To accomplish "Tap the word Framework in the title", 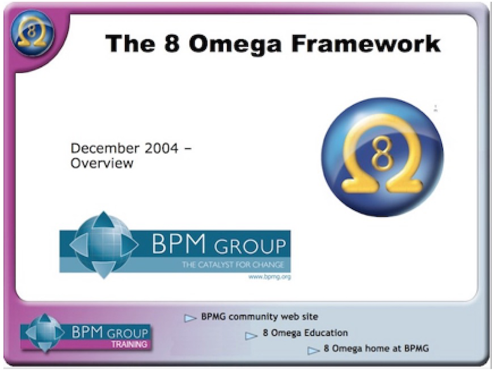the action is click(366, 43).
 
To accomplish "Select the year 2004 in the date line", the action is click(161, 148).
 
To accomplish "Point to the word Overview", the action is click(102, 163).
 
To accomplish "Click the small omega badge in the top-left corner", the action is click(32, 33).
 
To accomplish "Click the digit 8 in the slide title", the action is click(172, 44).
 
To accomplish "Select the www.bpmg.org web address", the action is click(269, 277).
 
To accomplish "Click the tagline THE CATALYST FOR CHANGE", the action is click(233, 265).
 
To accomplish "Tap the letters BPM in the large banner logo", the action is click(179, 244).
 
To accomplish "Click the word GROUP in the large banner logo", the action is click(250, 246).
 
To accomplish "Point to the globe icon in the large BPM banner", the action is click(103, 245).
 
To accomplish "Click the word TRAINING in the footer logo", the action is click(129, 344).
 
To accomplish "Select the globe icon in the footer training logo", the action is click(45, 333).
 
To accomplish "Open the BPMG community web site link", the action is click(259, 317).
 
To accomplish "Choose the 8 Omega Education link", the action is click(306, 333).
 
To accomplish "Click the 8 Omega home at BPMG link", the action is click(376, 348).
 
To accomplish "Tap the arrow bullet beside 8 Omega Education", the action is click(251, 336).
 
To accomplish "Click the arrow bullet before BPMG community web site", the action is click(190, 318).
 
